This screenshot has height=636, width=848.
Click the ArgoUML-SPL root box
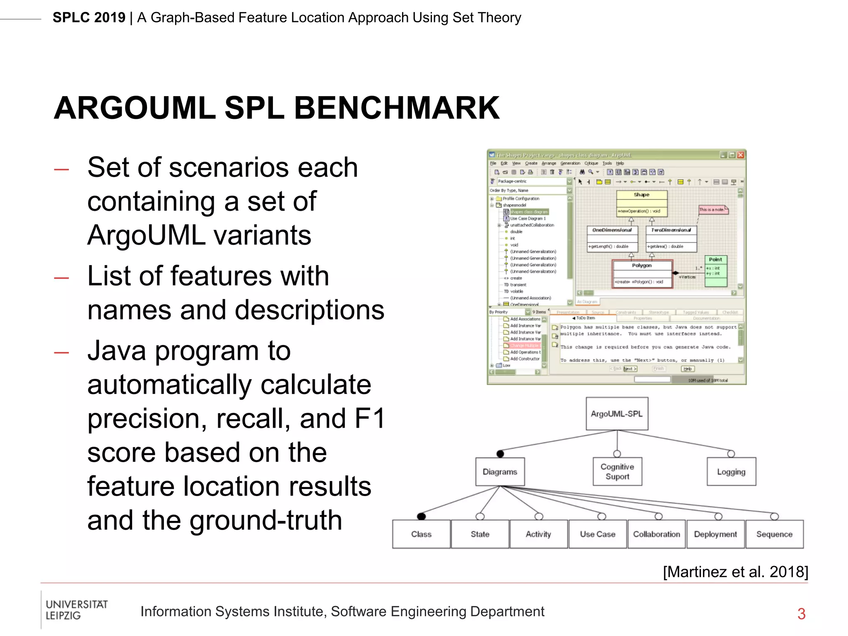coord(617,414)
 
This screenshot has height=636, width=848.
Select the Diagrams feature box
coord(500,472)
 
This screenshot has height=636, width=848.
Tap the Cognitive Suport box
coord(617,472)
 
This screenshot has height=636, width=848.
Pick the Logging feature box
coord(731,472)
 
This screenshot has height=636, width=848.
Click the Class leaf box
coord(421,534)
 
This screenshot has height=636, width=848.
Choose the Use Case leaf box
coord(597,534)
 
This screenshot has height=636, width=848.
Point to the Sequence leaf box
coord(774,534)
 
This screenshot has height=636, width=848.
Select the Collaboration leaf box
coord(656,534)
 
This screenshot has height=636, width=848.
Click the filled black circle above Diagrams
coord(500,454)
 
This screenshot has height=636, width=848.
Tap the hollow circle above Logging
coord(731,454)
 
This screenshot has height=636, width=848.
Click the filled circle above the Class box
coord(422,516)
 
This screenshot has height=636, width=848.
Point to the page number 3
coord(801,614)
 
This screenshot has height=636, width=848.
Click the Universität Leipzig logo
coord(76,610)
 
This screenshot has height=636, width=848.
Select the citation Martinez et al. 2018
coord(735,572)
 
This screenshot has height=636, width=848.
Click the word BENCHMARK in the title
coord(396,108)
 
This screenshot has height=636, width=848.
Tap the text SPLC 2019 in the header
coord(89,18)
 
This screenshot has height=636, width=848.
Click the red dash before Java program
coord(61,353)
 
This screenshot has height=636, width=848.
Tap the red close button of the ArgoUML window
coord(740,155)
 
